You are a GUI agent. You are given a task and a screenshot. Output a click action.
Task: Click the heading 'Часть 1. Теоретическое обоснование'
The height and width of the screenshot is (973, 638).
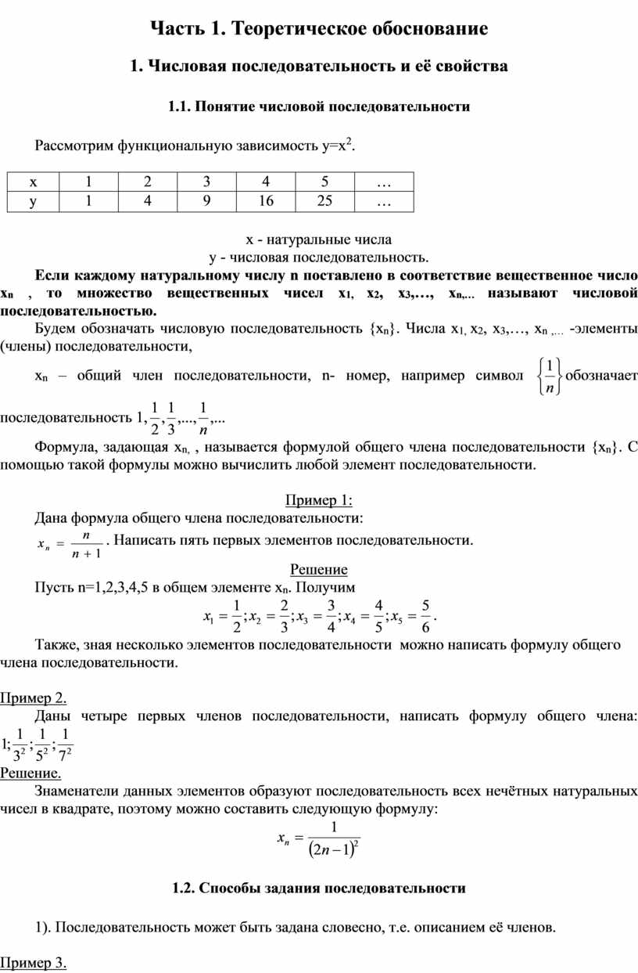click(x=319, y=29)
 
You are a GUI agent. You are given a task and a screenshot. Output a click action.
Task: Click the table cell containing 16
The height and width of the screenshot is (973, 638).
click(x=266, y=201)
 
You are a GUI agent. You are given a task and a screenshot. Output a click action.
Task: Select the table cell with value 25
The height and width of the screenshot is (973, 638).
click(x=324, y=201)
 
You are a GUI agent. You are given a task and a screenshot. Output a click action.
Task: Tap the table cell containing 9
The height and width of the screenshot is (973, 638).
click(x=207, y=201)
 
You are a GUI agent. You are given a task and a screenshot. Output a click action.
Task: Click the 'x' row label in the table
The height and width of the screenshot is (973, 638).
click(x=32, y=182)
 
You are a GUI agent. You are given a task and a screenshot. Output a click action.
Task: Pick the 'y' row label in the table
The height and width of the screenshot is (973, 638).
click(x=32, y=201)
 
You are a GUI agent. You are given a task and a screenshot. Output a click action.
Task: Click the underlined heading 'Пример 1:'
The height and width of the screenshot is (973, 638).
click(x=318, y=500)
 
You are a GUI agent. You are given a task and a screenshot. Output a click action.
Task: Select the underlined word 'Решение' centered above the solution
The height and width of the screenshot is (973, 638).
click(x=318, y=569)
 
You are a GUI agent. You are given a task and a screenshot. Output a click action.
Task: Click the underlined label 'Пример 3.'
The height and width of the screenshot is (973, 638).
click(x=33, y=963)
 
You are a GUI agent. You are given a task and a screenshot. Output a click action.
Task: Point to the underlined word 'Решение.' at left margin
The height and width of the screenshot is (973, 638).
click(x=30, y=773)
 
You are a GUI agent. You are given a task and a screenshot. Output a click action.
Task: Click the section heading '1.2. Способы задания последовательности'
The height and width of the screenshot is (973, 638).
click(x=319, y=888)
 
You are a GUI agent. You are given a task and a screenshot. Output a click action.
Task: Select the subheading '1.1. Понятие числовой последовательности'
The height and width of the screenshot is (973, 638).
click(x=319, y=106)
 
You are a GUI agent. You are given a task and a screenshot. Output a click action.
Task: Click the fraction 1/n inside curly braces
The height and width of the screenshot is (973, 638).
click(x=550, y=376)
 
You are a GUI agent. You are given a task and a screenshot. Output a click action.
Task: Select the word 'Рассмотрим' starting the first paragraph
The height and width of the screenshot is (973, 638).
click(x=74, y=146)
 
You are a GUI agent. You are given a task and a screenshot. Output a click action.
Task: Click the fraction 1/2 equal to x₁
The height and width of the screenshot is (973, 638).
click(x=235, y=615)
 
